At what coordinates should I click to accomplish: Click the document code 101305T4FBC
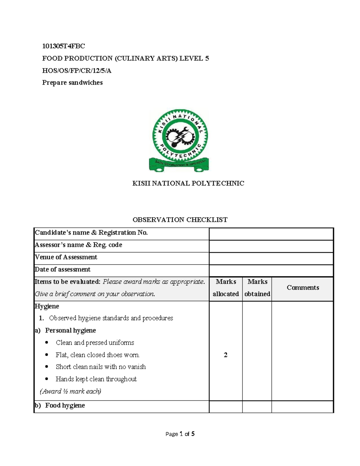[63, 46]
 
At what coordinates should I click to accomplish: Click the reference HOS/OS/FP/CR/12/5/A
[76, 71]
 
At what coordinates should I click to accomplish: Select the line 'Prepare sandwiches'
[72, 83]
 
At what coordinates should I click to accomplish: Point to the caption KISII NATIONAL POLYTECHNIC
[188, 183]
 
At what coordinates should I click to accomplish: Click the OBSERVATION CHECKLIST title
[180, 220]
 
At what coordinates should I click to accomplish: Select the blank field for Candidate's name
[271, 234]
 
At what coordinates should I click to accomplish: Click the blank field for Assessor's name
[271, 246]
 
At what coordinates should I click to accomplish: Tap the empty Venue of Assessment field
[271, 258]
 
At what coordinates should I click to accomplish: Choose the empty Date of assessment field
[271, 270]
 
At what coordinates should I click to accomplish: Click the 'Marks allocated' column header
[226, 288]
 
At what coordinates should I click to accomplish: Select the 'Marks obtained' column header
[257, 288]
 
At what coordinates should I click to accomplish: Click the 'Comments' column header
[303, 287]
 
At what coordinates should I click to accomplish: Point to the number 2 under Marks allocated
[226, 355]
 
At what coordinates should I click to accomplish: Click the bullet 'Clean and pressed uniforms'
[95, 343]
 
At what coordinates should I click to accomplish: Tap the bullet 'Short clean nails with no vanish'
[100, 367]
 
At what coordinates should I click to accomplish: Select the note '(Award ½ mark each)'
[70, 391]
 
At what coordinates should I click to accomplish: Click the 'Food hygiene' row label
[65, 405]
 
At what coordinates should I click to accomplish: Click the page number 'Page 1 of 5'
[180, 434]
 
